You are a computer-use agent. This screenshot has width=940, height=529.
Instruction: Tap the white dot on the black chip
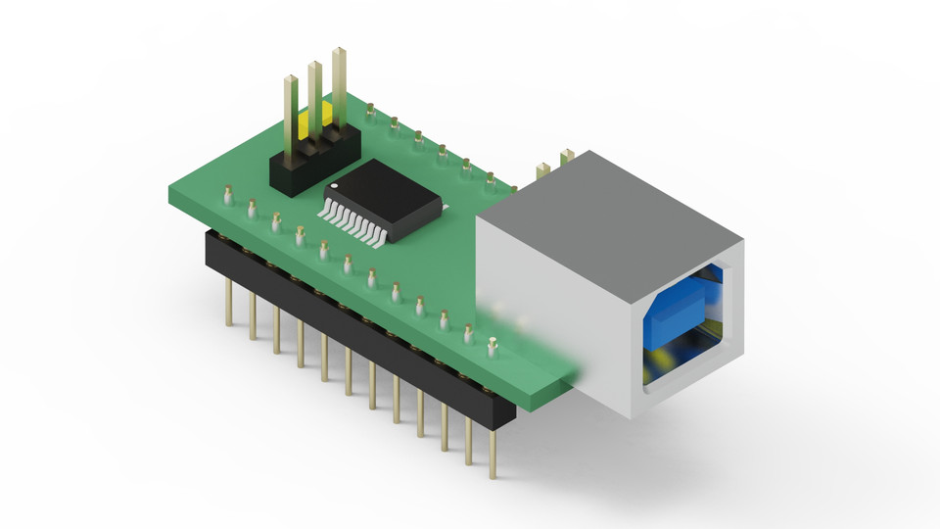coord(334,184)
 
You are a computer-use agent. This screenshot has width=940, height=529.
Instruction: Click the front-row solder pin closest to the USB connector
coord(493,345)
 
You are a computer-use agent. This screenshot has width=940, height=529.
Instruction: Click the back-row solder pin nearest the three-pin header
coord(371,112)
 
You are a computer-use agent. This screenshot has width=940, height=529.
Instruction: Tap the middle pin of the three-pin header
coord(314,98)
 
